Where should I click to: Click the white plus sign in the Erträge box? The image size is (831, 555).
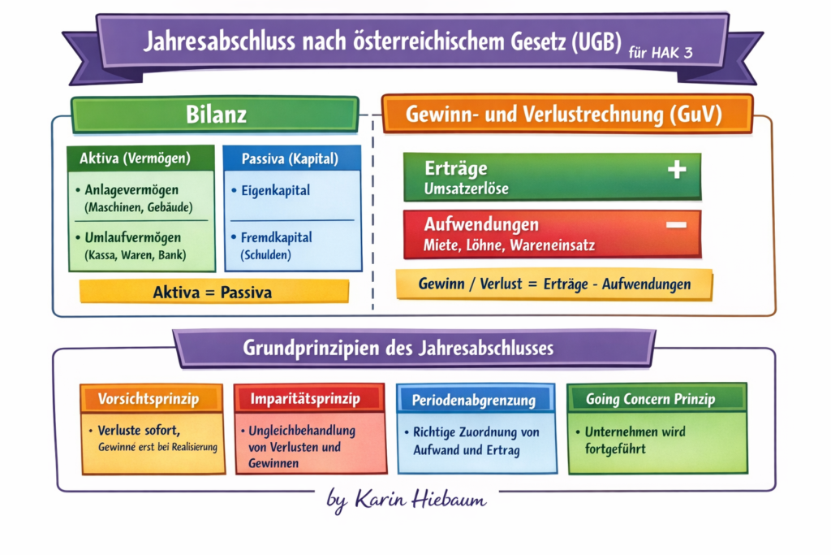(x=677, y=169)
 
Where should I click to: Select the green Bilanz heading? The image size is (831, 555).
(x=214, y=115)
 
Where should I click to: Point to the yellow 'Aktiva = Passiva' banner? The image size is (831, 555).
(x=213, y=292)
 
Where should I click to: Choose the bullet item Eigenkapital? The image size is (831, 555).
(x=276, y=191)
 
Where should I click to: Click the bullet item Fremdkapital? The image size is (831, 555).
(x=277, y=238)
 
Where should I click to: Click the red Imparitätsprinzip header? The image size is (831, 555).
(x=305, y=399)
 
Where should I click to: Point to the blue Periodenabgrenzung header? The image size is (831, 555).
(x=474, y=400)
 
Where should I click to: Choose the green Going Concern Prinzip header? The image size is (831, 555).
(x=651, y=399)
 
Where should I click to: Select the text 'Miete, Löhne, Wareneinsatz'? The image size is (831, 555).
(x=508, y=244)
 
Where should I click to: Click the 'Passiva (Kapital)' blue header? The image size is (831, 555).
(x=290, y=158)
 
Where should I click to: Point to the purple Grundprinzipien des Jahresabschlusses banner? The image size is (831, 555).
(x=398, y=349)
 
